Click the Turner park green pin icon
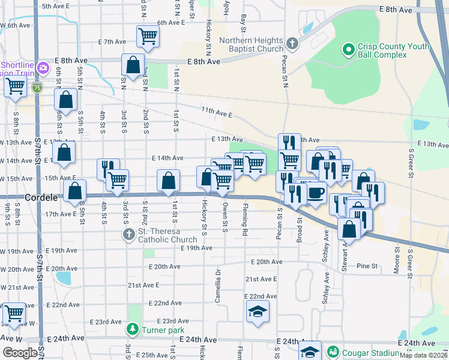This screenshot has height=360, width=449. [x=133, y=329]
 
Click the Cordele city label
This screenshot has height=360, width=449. [x=41, y=197]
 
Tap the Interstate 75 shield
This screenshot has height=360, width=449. [x=37, y=88]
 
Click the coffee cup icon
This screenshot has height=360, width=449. [x=316, y=193]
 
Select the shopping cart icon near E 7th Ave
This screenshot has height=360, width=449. [x=148, y=36]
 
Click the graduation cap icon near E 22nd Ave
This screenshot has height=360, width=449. [x=258, y=311]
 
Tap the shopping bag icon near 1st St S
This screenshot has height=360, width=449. [x=169, y=179]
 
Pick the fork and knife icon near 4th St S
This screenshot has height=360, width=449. [x=107, y=169]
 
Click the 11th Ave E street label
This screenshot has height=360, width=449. [x=217, y=112]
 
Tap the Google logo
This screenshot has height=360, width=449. [x=20, y=353]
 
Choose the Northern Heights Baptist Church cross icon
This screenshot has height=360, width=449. [x=292, y=43]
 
